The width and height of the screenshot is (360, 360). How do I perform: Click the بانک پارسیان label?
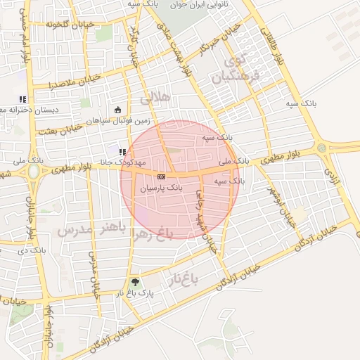coord(161,188)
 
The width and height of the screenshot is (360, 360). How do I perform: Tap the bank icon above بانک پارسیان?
coord(162,176)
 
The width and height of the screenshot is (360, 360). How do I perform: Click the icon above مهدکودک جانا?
coord(122,151)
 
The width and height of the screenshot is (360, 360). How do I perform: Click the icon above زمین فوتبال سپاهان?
coord(117,110)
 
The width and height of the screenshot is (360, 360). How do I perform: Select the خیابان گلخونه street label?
coord(65,25)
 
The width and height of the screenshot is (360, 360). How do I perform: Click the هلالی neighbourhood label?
coord(155,98)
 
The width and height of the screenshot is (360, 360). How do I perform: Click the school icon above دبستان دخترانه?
coord(22,100)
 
